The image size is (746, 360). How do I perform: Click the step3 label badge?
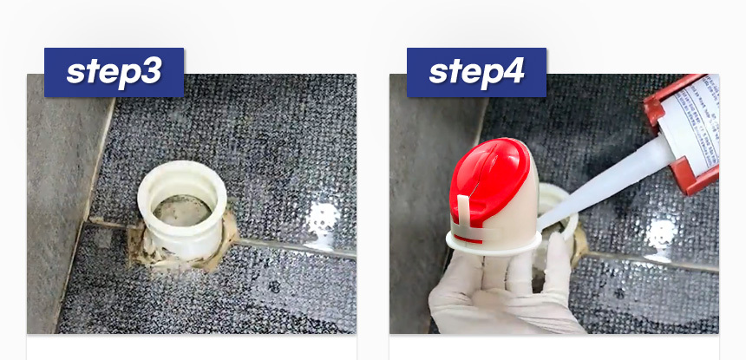[x=114, y=72]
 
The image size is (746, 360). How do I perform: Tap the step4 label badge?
[x=476, y=72]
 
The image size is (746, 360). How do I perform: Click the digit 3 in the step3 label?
[x=151, y=73]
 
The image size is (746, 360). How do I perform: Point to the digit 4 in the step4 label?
[x=513, y=73]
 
